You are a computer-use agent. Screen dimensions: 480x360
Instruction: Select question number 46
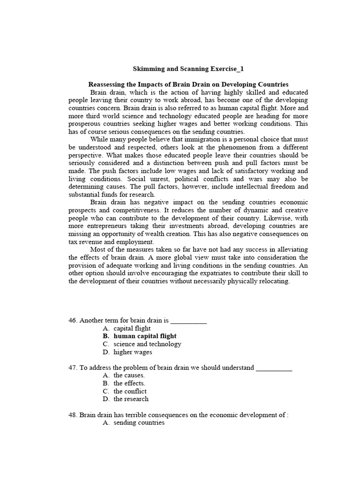pyautogui.click(x=73, y=321)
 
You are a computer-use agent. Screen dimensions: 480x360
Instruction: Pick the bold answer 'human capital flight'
pyautogui.click(x=145, y=336)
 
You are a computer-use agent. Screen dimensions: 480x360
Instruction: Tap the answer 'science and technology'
pyautogui.click(x=147, y=344)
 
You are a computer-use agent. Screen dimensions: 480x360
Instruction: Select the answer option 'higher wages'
pyautogui.click(x=133, y=352)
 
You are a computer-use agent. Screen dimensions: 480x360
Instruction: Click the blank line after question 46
pyautogui.click(x=188, y=322)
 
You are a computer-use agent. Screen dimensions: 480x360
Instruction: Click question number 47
pyautogui.click(x=73, y=367)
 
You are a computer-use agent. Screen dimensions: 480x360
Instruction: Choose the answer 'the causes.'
pyautogui.click(x=129, y=375)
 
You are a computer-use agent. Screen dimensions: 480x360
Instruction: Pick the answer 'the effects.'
pyautogui.click(x=129, y=383)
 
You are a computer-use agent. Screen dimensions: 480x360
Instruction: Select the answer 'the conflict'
pyautogui.click(x=130, y=391)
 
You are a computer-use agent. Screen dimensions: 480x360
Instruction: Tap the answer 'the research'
pyautogui.click(x=131, y=399)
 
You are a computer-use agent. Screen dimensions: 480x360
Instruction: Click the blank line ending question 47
pyautogui.click(x=274, y=368)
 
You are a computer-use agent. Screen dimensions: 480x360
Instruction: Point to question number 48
pyautogui.click(x=73, y=414)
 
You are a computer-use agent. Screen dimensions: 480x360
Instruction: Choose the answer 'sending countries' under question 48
pyautogui.click(x=139, y=422)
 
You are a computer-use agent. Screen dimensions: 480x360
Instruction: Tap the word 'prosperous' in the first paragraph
pyautogui.click(x=85, y=124)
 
